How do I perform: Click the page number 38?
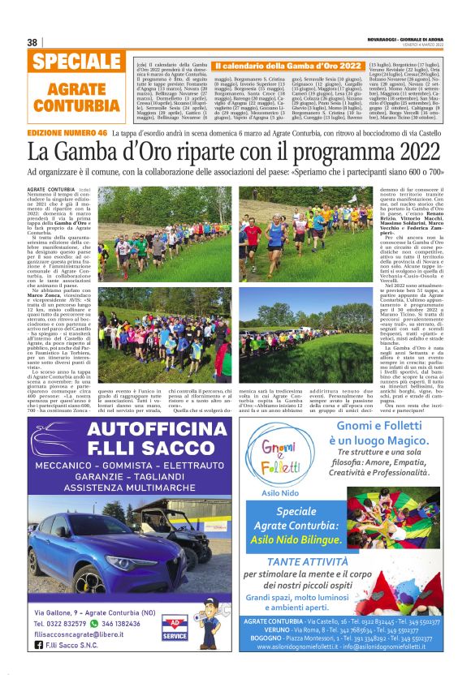click(32, 42)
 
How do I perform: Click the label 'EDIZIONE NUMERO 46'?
click(67, 131)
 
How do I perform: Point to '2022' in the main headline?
click(410, 152)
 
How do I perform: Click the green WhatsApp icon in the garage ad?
click(96, 624)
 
